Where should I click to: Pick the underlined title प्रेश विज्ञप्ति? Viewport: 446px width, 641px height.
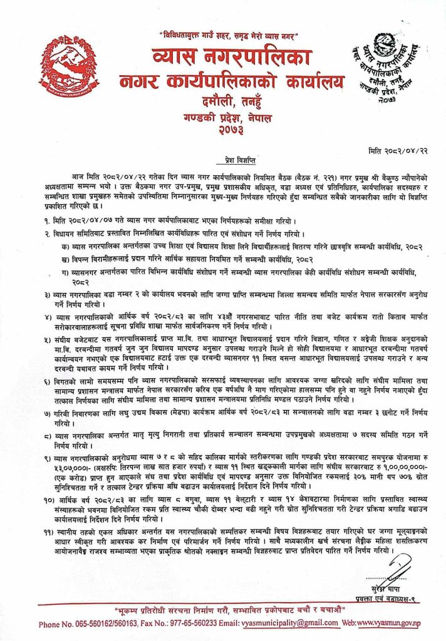click(223, 160)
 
